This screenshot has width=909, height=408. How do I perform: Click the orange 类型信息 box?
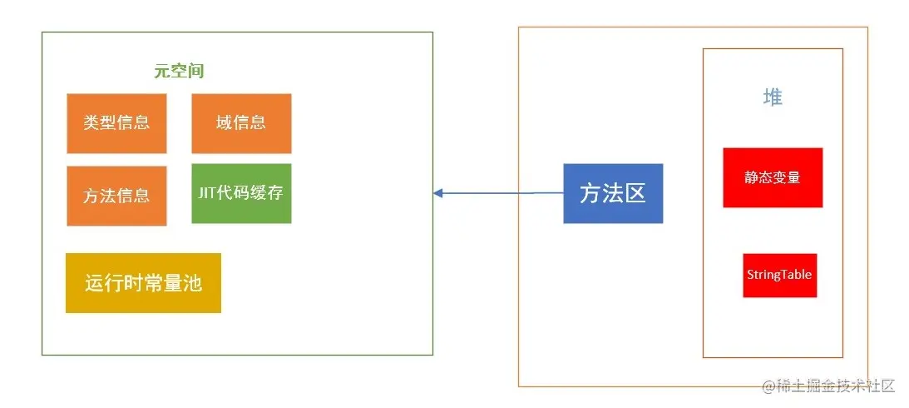pyautogui.click(x=116, y=123)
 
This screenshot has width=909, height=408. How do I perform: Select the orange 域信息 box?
pyautogui.click(x=241, y=123)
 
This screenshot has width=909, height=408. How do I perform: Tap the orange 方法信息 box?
pyautogui.click(x=116, y=196)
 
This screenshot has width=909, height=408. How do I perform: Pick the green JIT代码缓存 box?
pyautogui.click(x=241, y=194)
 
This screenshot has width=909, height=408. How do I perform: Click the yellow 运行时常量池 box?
pyautogui.click(x=143, y=283)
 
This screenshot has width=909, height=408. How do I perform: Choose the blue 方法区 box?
pyautogui.click(x=613, y=193)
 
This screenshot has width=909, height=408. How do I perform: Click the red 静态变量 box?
pyautogui.click(x=773, y=177)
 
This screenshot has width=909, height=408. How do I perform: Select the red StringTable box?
pyautogui.click(x=779, y=275)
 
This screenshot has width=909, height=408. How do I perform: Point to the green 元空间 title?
pyautogui.click(x=179, y=72)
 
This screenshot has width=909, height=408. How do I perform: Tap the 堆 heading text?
pyautogui.click(x=773, y=97)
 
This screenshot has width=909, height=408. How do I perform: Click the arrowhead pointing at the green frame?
pyautogui.click(x=438, y=193)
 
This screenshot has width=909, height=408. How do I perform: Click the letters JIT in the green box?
pyautogui.click(x=207, y=193)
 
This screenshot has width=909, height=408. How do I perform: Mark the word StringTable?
pyautogui.click(x=779, y=275)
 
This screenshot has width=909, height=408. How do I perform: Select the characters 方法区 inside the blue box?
pyautogui.click(x=613, y=193)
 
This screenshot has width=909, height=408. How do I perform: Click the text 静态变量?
pyautogui.click(x=773, y=177)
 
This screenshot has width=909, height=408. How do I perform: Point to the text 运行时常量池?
pyautogui.click(x=143, y=283)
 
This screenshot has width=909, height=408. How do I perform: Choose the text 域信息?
pyautogui.click(x=241, y=123)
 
